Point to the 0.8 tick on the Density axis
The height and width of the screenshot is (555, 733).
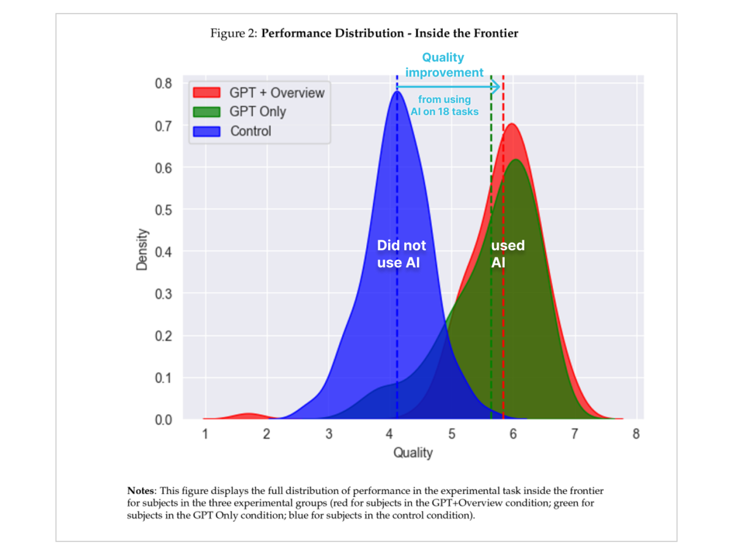164,83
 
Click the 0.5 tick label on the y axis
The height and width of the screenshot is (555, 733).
164,210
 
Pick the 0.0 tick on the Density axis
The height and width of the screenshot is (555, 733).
164,420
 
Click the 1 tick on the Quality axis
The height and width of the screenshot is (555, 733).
205,434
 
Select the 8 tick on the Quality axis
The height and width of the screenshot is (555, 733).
636,434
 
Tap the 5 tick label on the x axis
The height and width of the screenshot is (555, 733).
452,434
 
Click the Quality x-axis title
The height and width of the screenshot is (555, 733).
413,453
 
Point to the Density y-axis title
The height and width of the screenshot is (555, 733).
142,250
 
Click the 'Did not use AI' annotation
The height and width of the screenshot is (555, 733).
400,254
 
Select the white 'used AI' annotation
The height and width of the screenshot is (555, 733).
507,254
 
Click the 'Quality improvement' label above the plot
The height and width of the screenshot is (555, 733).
444,65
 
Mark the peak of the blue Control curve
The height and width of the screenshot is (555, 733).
398,92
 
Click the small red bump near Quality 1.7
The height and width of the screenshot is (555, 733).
247,416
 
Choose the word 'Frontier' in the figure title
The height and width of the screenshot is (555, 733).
496,33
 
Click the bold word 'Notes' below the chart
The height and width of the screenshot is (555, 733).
140,491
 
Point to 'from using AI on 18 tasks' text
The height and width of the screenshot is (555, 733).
444,105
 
